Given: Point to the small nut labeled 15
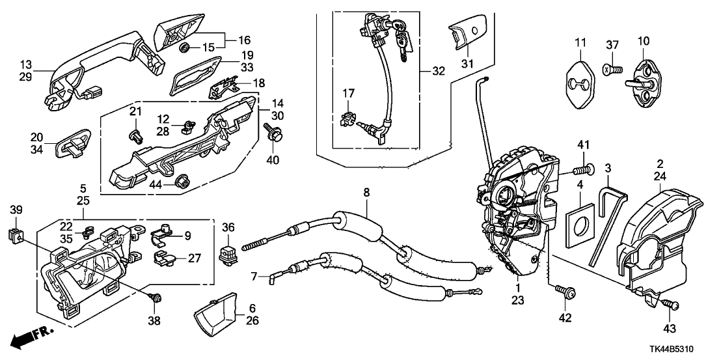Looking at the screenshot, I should pos(185,48).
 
